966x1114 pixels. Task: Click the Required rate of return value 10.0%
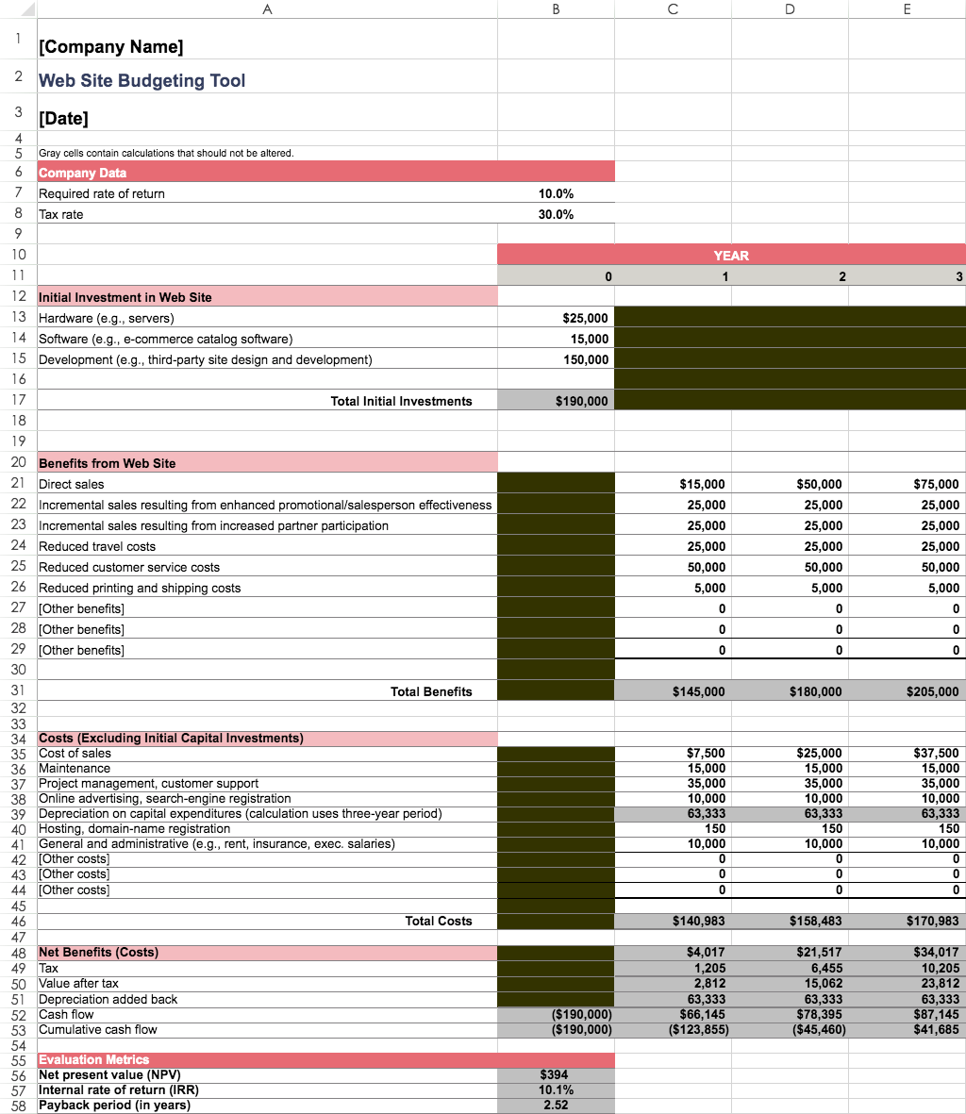(556, 193)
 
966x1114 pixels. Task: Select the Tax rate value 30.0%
(556, 214)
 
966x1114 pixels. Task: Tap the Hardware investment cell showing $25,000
(585, 318)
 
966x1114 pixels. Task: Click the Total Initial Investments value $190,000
(582, 401)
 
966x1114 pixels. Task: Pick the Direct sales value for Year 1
(702, 484)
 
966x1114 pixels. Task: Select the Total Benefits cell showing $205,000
(932, 691)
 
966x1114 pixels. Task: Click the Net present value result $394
(556, 1074)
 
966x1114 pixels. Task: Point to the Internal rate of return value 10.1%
(556, 1089)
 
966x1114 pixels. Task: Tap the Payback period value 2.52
(556, 1105)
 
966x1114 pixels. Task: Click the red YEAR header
(731, 255)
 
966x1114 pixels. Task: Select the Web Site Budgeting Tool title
(142, 80)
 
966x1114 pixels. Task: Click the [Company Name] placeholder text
(111, 46)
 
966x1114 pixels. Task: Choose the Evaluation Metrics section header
(94, 1059)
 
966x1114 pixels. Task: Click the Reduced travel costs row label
(97, 546)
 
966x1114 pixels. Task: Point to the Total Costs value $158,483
(815, 921)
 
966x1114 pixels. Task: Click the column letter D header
(790, 8)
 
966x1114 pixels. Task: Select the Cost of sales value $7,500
(706, 753)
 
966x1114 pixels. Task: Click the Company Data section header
(83, 173)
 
